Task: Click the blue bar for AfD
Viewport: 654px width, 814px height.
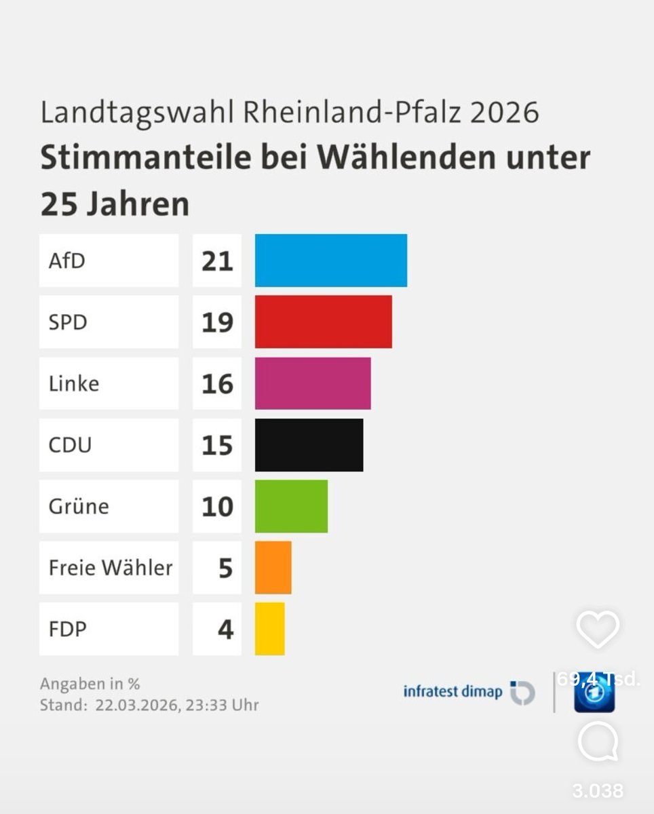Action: tap(331, 260)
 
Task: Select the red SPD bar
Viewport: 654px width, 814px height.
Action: tap(323, 322)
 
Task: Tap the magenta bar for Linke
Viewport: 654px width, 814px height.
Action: tap(313, 383)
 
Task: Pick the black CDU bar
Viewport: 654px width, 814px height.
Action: tap(309, 445)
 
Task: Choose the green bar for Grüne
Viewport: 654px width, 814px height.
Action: tap(291, 506)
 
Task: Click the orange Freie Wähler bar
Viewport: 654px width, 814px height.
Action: tap(273, 567)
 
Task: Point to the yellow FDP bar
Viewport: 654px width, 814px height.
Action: tap(269, 629)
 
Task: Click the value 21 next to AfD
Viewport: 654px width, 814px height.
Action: tap(217, 261)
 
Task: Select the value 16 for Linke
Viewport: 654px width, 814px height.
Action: tap(217, 384)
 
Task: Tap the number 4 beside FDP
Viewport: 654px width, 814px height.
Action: tap(225, 629)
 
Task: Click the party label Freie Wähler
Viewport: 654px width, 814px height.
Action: tap(110, 567)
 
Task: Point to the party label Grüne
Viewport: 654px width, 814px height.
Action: tap(79, 506)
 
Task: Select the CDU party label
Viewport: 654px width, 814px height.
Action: tap(70, 445)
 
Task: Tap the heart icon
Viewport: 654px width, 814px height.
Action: tap(598, 629)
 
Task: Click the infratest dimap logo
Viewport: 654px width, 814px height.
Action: tap(469, 693)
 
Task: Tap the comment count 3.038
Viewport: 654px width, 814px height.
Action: tap(597, 790)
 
